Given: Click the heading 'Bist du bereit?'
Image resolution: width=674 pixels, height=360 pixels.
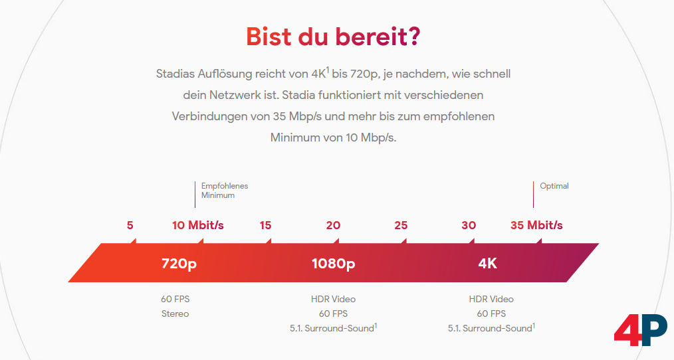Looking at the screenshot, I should tap(332, 36).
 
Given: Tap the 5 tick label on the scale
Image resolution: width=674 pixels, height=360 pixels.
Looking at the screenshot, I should tap(130, 225).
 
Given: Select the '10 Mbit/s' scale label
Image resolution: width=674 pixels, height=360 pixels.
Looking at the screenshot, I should tap(198, 225).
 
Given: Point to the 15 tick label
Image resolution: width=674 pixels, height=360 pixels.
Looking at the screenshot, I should tap(265, 225).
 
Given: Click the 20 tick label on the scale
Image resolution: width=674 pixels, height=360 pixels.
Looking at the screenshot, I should tap(333, 225).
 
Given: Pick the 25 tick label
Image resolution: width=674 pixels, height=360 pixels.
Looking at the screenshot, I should tap(401, 225).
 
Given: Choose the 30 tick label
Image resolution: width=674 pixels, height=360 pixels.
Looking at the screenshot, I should tap(469, 225).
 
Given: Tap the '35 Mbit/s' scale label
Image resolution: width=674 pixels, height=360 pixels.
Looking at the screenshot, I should tap(536, 225).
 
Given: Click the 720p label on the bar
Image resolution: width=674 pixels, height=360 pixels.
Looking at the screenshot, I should tap(179, 264).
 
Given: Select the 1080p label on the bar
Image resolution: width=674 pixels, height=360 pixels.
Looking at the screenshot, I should tap(333, 264).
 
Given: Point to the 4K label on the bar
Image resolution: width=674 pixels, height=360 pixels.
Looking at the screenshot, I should tap(487, 264).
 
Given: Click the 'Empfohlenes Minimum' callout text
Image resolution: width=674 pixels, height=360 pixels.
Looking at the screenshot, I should tap(225, 191).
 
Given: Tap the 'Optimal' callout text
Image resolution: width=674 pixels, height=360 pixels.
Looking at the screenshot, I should tap(554, 186).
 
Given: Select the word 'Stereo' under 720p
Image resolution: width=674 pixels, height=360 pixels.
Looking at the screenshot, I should tap(175, 314).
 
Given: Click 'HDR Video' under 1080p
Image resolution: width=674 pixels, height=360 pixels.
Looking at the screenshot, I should tap(333, 299).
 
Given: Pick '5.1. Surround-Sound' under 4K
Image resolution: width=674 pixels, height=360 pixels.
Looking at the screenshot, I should tap(490, 328).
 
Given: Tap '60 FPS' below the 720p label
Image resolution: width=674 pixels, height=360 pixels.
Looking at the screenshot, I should tap(175, 299).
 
